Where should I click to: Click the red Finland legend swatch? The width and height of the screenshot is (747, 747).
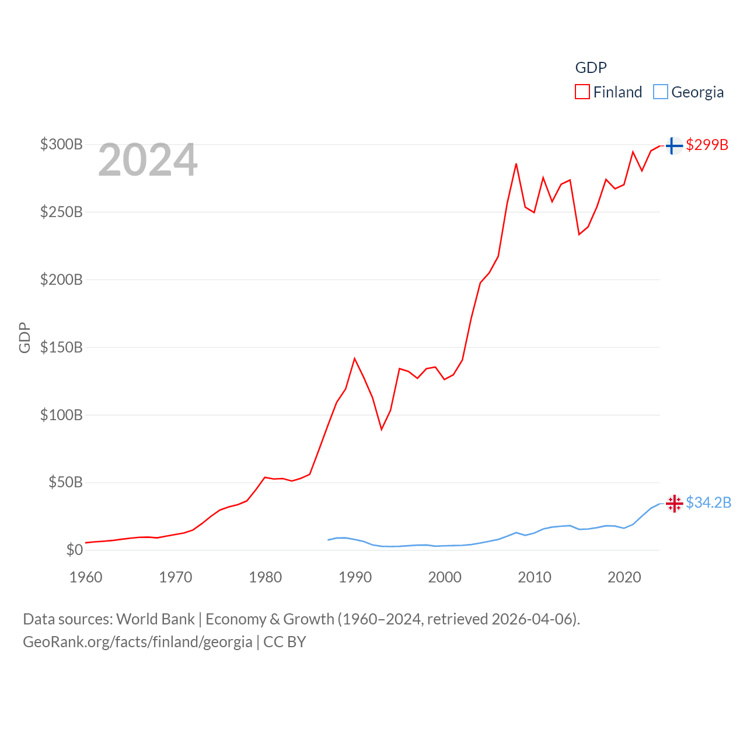click(582, 92)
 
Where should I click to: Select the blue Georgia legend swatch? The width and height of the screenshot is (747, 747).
click(660, 92)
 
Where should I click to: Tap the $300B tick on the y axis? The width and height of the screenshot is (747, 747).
click(61, 144)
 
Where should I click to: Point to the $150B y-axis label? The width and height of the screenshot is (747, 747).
click(61, 347)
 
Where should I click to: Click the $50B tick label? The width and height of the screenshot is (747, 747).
click(65, 482)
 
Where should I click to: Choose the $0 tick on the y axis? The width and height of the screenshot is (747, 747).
click(75, 550)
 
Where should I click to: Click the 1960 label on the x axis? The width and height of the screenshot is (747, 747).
click(86, 577)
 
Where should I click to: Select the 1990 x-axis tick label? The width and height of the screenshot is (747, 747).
click(355, 577)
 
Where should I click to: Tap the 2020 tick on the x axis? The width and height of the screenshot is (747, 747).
click(624, 577)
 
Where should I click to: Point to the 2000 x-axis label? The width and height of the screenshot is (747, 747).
click(445, 577)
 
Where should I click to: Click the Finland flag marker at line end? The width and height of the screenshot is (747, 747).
click(674, 145)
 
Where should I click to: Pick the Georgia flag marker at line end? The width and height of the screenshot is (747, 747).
click(674, 503)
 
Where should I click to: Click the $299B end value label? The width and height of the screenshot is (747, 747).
click(707, 145)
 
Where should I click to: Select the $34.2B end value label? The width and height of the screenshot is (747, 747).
click(708, 502)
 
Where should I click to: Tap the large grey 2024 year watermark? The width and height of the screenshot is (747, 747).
click(148, 160)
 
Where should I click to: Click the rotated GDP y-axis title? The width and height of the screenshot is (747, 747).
click(25, 337)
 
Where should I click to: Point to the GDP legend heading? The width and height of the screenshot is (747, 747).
click(591, 68)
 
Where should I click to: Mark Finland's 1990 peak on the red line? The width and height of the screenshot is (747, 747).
click(354, 358)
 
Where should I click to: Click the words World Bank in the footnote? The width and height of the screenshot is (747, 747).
click(155, 619)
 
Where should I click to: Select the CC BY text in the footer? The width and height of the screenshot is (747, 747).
click(285, 642)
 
